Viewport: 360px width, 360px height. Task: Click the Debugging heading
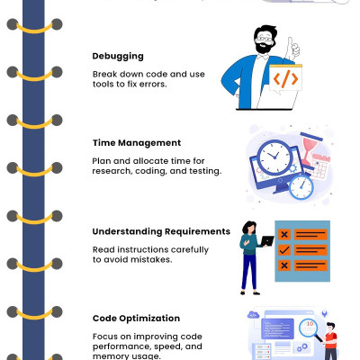[x=118, y=57]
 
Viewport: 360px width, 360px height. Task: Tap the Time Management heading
[x=137, y=143]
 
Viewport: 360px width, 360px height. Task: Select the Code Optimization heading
[x=136, y=319]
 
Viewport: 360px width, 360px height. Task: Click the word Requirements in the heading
[x=197, y=231]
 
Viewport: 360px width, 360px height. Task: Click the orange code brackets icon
[x=285, y=78]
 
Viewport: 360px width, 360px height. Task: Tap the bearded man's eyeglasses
[x=264, y=39]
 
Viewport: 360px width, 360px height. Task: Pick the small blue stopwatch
[x=301, y=186]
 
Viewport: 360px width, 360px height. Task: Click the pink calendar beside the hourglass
[x=320, y=166]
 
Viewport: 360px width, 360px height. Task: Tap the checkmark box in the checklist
[x=284, y=249]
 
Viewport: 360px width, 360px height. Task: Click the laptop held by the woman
[x=267, y=240]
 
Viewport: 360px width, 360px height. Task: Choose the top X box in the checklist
[x=284, y=234]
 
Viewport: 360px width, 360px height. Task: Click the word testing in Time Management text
[x=205, y=171]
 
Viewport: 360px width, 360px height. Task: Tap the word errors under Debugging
[x=153, y=85]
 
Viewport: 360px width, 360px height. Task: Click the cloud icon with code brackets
[x=253, y=315]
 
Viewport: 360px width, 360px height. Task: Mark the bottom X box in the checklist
[x=284, y=265]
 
